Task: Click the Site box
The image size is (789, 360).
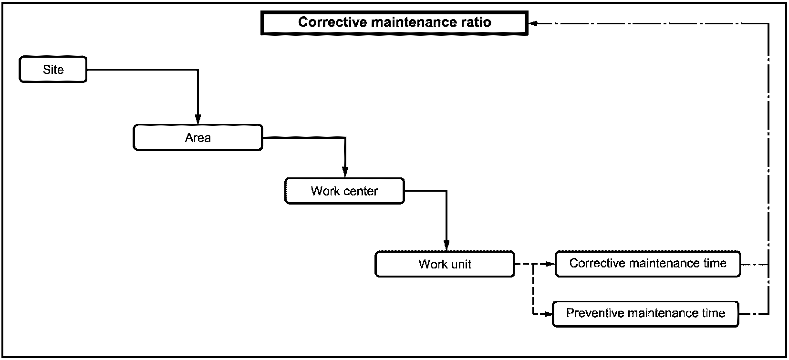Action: pyautogui.click(x=53, y=70)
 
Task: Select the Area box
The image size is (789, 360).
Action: pyautogui.click(x=198, y=137)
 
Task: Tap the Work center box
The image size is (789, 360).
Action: pyautogui.click(x=344, y=191)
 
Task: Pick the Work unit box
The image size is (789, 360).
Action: pyautogui.click(x=445, y=264)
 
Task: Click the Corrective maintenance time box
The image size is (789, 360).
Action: pyautogui.click(x=648, y=264)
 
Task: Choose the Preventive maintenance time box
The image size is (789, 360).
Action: pyautogui.click(x=645, y=314)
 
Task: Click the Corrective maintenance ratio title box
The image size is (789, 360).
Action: pyautogui.click(x=394, y=23)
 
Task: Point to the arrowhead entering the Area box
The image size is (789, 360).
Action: pyautogui.click(x=198, y=119)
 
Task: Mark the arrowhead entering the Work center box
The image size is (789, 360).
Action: pyautogui.click(x=345, y=173)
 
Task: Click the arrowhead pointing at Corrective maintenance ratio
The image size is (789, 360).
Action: pyautogui.click(x=533, y=23)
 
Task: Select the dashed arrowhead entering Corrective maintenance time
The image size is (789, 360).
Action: pyautogui.click(x=550, y=264)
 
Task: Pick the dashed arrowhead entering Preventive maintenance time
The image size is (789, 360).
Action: pyautogui.click(x=547, y=314)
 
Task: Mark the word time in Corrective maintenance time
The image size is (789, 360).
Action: pyautogui.click(x=715, y=263)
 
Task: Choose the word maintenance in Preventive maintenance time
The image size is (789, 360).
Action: pyautogui.click(x=661, y=313)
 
